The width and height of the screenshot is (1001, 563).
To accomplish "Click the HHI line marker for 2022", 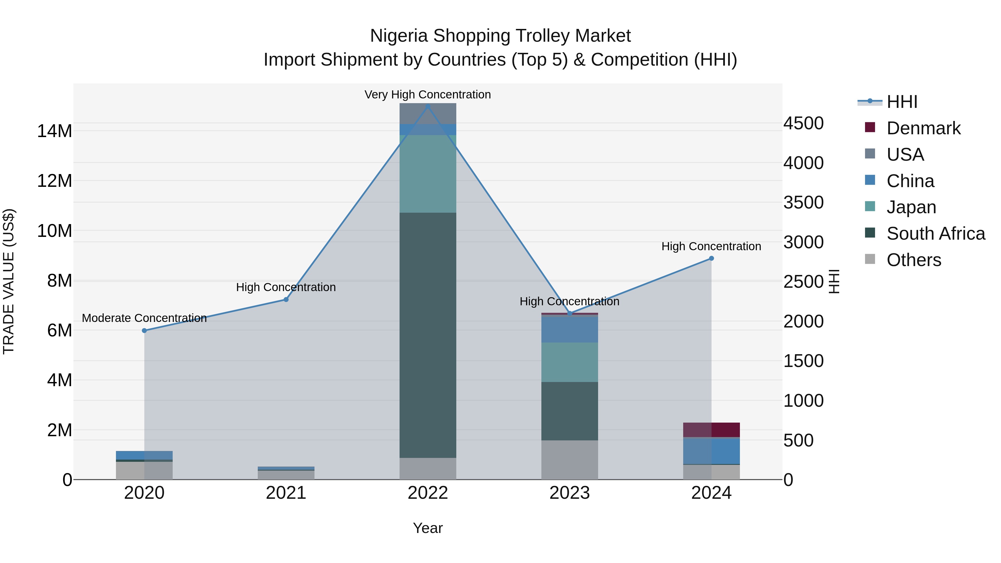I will [x=428, y=106].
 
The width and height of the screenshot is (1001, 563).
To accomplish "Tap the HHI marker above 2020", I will [x=144, y=331].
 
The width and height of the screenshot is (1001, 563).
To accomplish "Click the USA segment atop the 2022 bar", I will [x=428, y=114].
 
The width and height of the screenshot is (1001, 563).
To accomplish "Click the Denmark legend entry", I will [x=923, y=128].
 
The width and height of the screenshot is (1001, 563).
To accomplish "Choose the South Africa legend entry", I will [x=935, y=234].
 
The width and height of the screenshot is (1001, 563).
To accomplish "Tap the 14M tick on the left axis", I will [x=54, y=131].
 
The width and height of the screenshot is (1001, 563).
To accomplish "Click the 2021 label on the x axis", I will [x=286, y=493].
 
